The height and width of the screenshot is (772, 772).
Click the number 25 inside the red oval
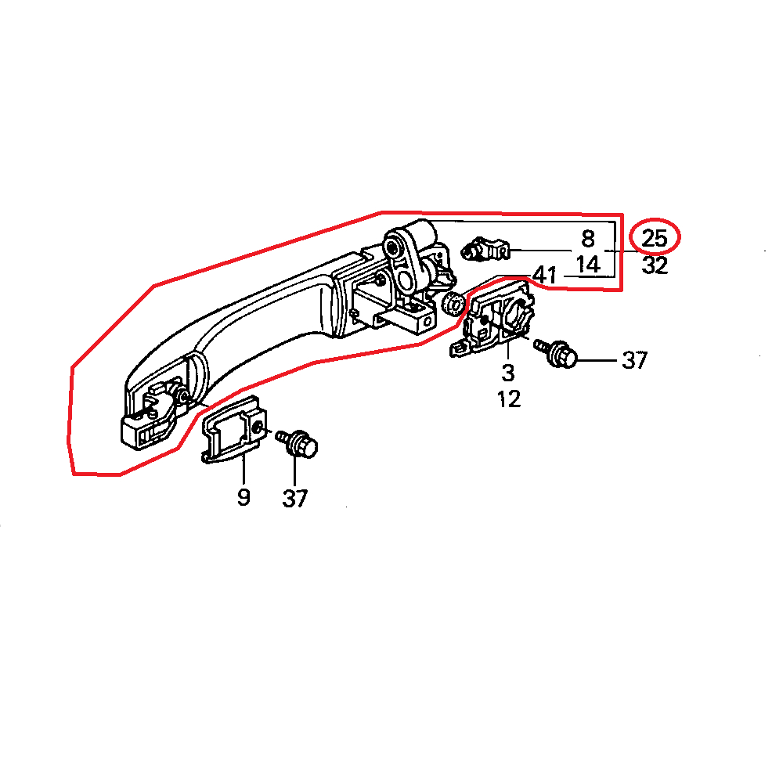pos(655,236)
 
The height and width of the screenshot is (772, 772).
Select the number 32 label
pos(655,266)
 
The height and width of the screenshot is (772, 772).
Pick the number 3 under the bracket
pos(508,372)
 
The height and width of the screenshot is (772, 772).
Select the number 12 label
pos(508,399)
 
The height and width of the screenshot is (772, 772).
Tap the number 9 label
pos(244,496)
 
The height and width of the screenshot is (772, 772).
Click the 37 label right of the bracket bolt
pos(634,360)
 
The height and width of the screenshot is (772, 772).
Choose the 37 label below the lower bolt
pos(295,498)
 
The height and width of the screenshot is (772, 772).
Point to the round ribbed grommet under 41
pos(452,302)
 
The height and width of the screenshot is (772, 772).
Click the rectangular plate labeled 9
pos(232,431)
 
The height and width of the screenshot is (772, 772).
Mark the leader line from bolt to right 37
pos(599,360)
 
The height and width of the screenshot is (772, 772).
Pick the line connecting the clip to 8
pos(540,251)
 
